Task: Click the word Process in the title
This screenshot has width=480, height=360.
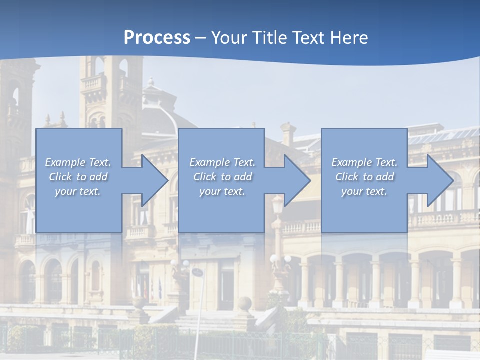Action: point(157,38)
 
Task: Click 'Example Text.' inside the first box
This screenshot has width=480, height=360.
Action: point(78,162)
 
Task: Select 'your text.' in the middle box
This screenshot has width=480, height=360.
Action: point(222,191)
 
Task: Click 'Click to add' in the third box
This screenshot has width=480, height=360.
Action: point(364,177)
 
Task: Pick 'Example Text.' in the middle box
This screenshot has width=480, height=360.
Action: point(222,162)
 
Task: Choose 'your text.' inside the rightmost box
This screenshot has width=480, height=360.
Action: point(364,191)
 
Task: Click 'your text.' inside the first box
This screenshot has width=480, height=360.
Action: point(78,191)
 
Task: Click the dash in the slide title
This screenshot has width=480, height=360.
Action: point(201,38)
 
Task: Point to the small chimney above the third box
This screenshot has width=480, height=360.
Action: point(288,134)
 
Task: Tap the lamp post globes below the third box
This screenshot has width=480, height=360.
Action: point(280,259)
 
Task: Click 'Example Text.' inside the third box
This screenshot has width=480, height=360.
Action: point(364,162)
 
